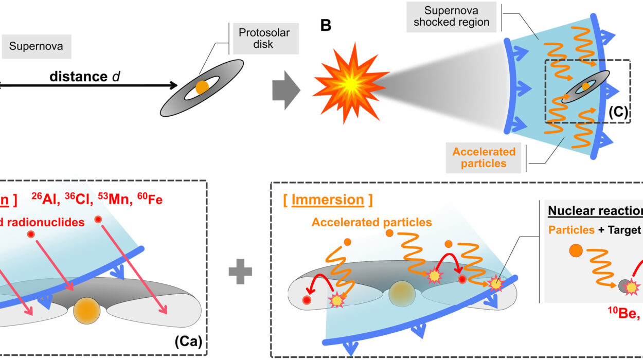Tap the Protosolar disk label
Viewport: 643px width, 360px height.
click(x=264, y=39)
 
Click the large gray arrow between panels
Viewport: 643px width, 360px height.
click(x=285, y=89)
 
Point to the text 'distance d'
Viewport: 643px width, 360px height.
click(x=85, y=77)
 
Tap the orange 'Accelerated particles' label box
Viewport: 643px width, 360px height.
click(x=484, y=158)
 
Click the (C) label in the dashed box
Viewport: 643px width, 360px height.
click(x=617, y=113)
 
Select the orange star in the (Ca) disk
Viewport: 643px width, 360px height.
click(x=85, y=312)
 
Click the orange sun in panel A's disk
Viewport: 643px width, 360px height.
click(x=202, y=87)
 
